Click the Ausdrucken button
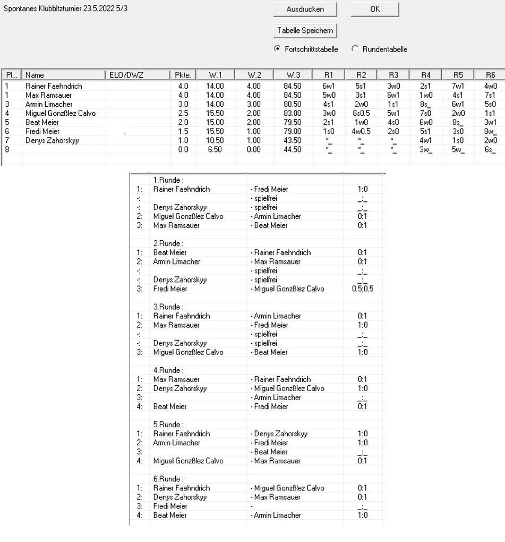click(305, 9)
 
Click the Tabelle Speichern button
click(305, 30)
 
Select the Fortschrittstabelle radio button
click(277, 49)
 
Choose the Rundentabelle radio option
click(355, 49)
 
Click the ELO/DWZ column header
click(126, 75)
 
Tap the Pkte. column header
click(183, 75)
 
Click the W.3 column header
click(293, 75)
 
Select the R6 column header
click(490, 75)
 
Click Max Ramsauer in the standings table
click(48, 95)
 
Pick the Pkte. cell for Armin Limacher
click(183, 104)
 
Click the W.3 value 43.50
click(293, 140)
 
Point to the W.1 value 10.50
click(215, 140)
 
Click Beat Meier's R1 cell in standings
click(328, 122)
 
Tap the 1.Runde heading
click(168, 180)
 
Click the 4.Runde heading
click(168, 370)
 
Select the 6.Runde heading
click(168, 479)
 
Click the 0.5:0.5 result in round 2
click(362, 289)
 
